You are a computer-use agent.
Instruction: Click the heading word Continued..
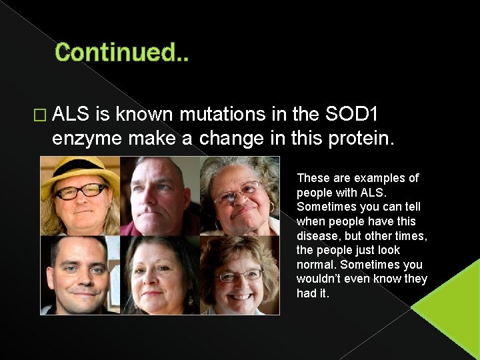tap(117, 53)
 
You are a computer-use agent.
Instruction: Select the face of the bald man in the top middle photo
tap(159, 194)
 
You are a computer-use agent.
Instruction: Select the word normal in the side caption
tap(315, 265)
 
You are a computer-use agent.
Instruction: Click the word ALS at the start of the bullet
tap(71, 115)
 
